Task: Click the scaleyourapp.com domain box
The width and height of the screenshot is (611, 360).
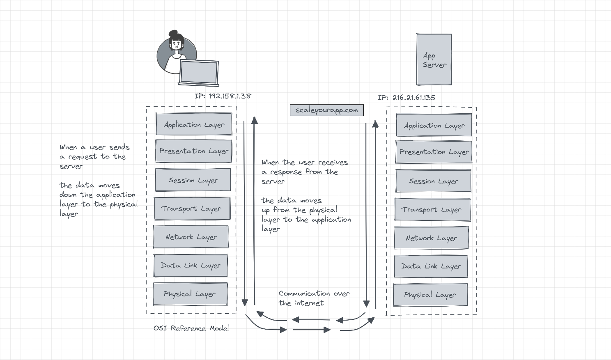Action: [x=326, y=110]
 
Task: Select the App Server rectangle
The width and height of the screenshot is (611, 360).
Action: [x=434, y=60]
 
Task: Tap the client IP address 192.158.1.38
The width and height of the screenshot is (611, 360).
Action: [x=223, y=96]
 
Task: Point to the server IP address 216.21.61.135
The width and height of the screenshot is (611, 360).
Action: [x=407, y=98]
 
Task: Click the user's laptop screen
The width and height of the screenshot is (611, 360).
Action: [x=199, y=72]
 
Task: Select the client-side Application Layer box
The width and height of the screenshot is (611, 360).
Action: [x=194, y=124]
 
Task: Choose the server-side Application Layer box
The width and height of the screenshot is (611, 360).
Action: [x=434, y=126]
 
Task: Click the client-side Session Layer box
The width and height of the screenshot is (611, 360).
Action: [x=193, y=180]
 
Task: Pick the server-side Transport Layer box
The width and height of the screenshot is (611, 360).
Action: [x=431, y=210]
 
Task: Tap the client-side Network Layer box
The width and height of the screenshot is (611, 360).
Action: [x=191, y=237]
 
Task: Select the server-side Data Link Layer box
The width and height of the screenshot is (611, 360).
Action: [x=431, y=266]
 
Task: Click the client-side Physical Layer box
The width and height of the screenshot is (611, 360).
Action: [x=190, y=294]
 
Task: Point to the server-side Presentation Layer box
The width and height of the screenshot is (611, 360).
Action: [x=434, y=152]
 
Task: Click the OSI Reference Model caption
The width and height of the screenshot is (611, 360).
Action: [x=191, y=328]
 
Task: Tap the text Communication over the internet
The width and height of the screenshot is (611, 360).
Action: [x=314, y=298]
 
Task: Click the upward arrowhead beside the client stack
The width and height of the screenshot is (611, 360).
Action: [x=255, y=120]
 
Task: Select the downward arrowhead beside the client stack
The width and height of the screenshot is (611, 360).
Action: [x=245, y=303]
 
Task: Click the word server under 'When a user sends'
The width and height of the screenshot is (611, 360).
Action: [x=71, y=167]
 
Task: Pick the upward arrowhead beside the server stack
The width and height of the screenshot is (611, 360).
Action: [x=375, y=124]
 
